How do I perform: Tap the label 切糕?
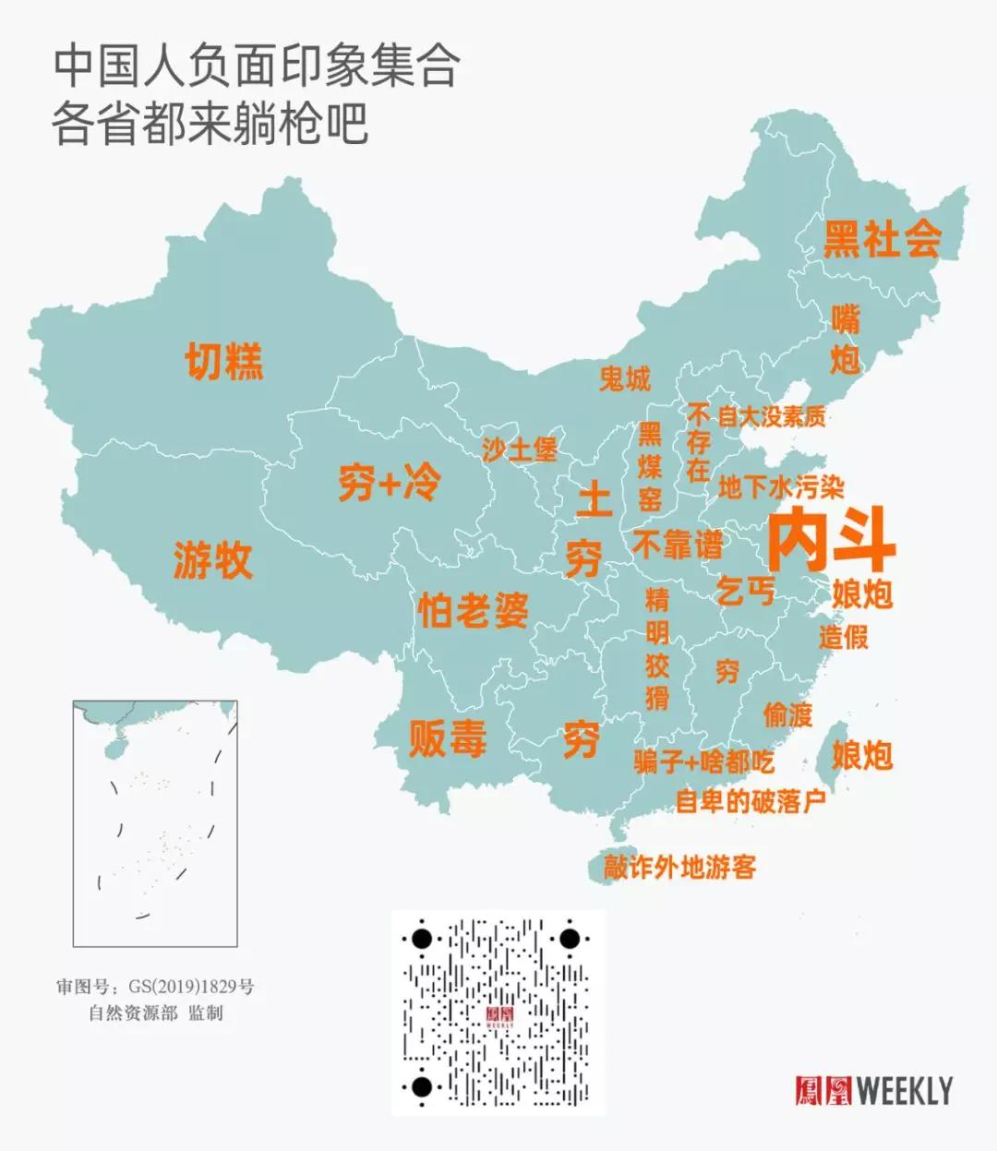point(224,361)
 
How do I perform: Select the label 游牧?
point(212,560)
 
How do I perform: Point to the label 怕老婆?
point(473,609)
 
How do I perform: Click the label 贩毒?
point(448,738)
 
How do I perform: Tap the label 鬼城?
point(625,378)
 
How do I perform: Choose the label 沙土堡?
point(519,450)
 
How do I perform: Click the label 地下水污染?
point(781,486)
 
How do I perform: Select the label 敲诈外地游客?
point(680,867)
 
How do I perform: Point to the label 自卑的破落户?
point(751,800)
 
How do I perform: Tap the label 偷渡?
point(787,713)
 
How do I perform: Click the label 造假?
point(843,637)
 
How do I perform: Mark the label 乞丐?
point(746,590)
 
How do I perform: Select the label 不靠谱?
point(677,545)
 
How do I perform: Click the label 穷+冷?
point(390,482)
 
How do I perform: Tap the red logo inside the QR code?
point(499,1016)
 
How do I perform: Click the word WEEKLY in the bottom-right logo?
point(905,1091)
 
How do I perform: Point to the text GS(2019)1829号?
point(191,987)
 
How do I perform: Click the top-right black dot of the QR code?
point(570,940)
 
